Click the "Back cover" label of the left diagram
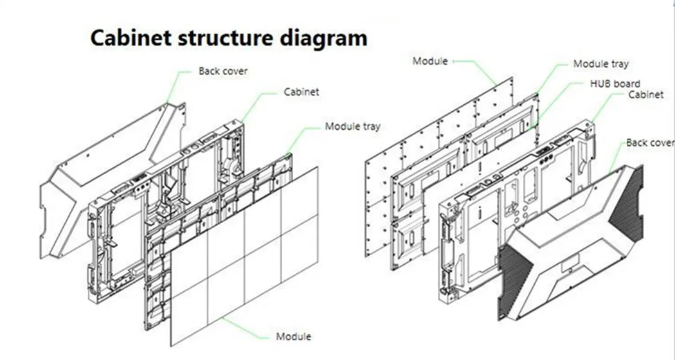pos(222,71)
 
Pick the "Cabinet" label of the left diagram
pos(301,92)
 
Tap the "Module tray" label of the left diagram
pos(352,126)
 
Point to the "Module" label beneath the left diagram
pos(293,336)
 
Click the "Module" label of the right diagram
pos(429,61)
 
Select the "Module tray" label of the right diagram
pos(600,64)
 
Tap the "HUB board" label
pos(615,84)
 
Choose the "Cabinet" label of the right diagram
pos(645,94)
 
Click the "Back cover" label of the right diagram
pos(649,143)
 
